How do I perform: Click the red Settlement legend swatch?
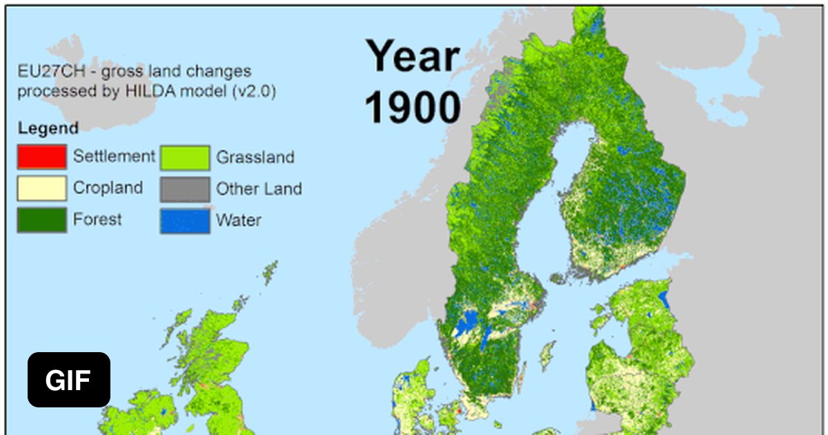point(42,157)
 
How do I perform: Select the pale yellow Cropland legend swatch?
point(42,188)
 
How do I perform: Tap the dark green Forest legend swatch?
point(42,220)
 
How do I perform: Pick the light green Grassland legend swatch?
point(185,157)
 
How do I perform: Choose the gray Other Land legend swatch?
point(185,188)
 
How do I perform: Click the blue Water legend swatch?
point(185,221)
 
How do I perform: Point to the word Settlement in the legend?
point(114,156)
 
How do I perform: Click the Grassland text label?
point(255,157)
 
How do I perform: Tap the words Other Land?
point(259,188)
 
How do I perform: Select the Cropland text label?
point(108,187)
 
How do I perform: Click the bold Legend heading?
point(48,128)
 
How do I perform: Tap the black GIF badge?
point(69,380)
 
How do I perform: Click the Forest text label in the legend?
point(97,219)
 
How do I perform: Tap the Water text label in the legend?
point(238,221)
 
